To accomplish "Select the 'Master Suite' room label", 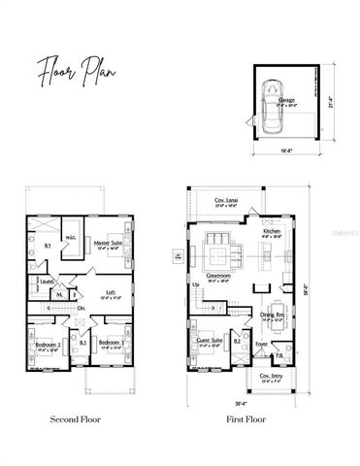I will (108, 244).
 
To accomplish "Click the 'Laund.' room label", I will (45, 283).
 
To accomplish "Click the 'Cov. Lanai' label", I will (226, 202).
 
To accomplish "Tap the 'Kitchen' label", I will (271, 233).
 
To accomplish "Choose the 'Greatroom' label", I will (219, 276).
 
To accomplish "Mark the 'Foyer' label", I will (261, 344).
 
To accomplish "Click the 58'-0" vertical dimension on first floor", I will (310, 288).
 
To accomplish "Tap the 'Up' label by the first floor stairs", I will (196, 284).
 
